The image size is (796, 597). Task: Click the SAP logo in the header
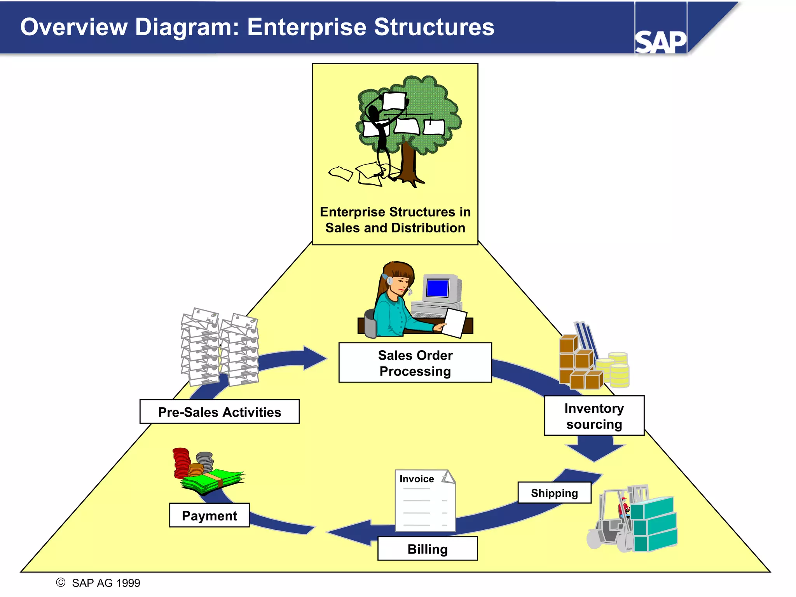tap(660, 42)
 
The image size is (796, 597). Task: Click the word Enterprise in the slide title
tap(307, 27)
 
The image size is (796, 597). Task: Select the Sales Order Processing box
tap(415, 363)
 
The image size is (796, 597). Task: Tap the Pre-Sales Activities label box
tap(219, 412)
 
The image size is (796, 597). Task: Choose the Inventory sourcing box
tap(594, 416)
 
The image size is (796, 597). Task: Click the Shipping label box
tap(554, 493)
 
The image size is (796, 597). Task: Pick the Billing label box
tap(427, 549)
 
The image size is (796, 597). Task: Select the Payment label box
tap(209, 515)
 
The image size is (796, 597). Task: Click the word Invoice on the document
tap(417, 479)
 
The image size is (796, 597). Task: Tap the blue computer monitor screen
tap(437, 288)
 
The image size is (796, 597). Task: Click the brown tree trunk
tap(408, 163)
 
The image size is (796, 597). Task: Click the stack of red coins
tap(181, 463)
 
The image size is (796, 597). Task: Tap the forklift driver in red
tap(623, 507)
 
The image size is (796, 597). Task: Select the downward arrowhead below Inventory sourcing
tap(595, 451)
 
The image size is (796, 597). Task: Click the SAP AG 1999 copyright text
tap(106, 583)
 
